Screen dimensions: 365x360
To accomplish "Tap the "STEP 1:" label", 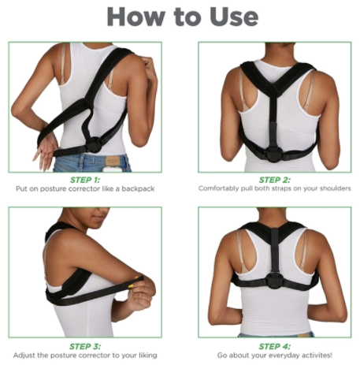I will tap(87, 180).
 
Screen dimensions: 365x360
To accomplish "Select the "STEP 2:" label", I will tap(274, 180).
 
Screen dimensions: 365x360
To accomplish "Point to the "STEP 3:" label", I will tap(87, 345).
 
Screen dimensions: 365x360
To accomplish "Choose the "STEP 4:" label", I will tap(274, 345).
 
